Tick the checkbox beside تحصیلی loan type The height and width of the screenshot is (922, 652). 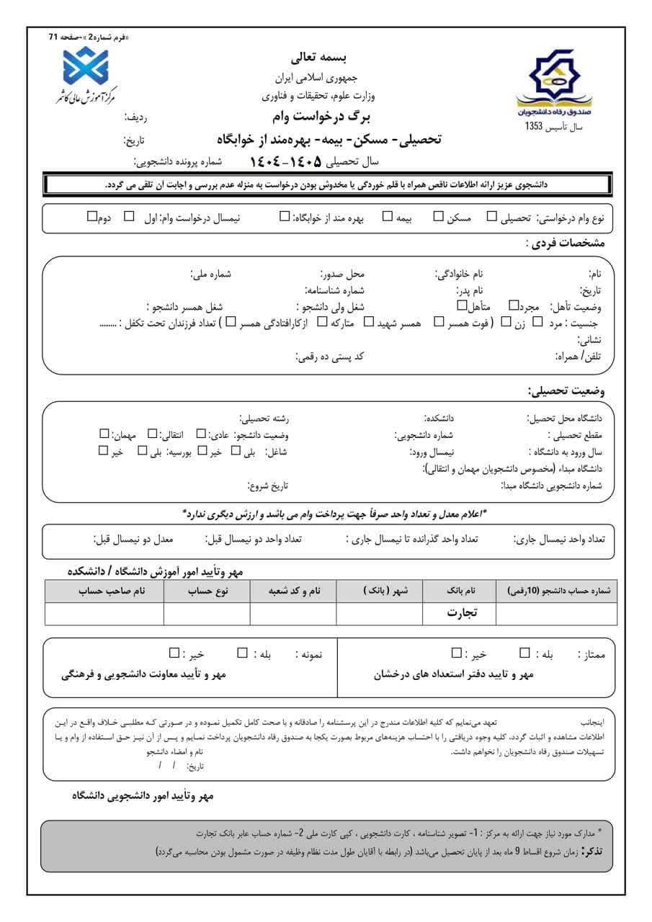point(491,216)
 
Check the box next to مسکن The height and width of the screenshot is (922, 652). point(438,216)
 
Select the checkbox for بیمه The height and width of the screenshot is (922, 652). point(388,216)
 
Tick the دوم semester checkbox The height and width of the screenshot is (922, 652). point(91,216)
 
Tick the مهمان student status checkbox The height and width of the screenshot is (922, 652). point(104,434)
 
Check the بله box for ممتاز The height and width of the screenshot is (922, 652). point(524,653)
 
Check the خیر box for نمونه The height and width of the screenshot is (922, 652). point(174,653)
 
